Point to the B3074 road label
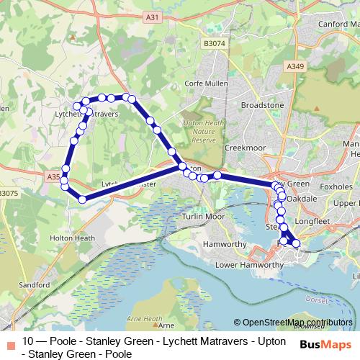pos(214,44)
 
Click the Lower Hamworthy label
pos(250,265)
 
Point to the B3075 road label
pos(9,194)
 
